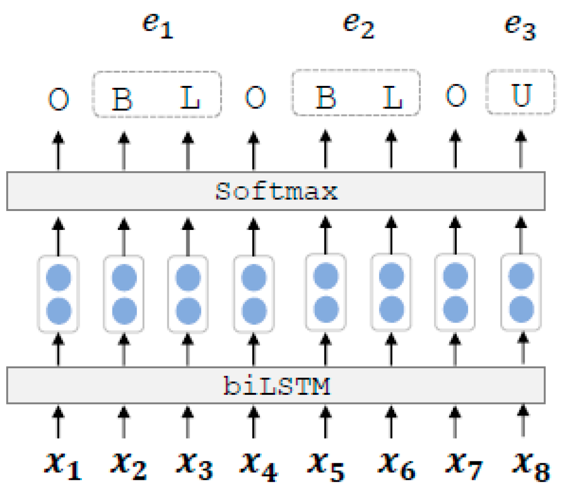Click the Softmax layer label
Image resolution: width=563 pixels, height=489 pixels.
coord(275,192)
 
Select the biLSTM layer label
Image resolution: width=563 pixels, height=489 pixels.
coord(276,386)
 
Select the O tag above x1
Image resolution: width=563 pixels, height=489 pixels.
coord(58,100)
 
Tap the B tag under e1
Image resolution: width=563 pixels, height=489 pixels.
coord(123,100)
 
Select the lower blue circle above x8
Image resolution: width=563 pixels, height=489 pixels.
coord(521,307)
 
